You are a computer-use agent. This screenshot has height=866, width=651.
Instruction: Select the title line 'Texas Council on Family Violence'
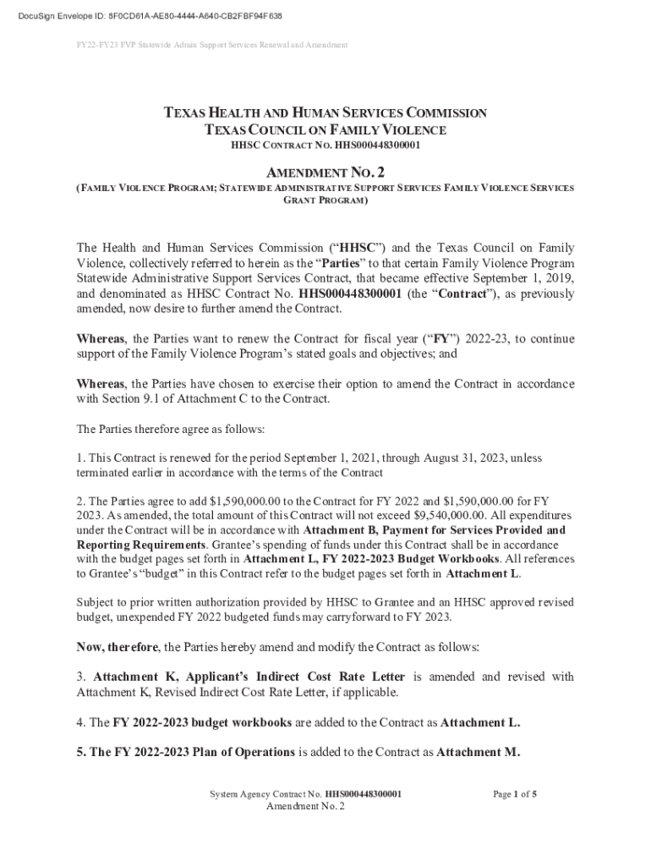click(325, 129)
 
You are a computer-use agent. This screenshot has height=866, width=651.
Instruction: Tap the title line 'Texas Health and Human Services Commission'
click(325, 112)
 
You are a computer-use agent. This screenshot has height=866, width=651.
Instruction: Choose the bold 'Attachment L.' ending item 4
click(480, 723)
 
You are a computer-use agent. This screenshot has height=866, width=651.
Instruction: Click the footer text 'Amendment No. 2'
click(305, 807)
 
